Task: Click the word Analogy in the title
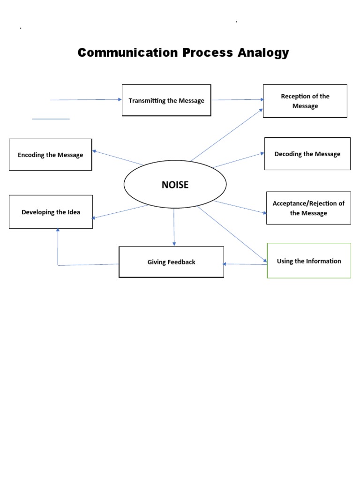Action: (x=263, y=53)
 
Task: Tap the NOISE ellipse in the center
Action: (x=175, y=184)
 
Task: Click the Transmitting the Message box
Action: (x=166, y=100)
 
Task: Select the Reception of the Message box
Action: (x=305, y=101)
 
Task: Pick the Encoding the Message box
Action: (x=50, y=155)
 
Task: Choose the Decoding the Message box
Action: (x=307, y=154)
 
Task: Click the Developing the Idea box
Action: (x=51, y=212)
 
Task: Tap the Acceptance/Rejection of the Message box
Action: (x=308, y=208)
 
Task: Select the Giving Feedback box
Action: (x=171, y=262)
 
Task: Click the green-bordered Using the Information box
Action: (x=309, y=261)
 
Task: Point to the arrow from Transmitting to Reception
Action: (x=237, y=99)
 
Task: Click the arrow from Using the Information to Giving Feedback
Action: (x=245, y=264)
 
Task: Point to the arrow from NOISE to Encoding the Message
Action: (x=117, y=157)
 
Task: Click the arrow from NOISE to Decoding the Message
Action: (x=239, y=159)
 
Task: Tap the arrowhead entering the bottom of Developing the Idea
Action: (x=58, y=231)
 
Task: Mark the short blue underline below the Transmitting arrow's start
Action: (x=51, y=119)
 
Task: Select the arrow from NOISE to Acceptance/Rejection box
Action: (x=240, y=207)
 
